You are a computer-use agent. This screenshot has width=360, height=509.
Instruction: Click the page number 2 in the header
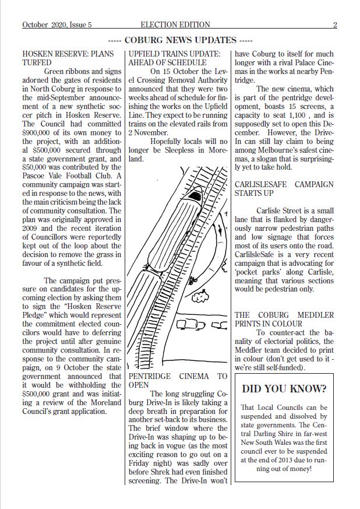(335, 25)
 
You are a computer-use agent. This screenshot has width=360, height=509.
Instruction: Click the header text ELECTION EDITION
(175, 25)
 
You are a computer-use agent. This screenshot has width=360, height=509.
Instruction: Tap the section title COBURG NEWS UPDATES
(180, 40)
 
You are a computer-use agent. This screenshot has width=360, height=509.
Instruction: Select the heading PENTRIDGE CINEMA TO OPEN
(177, 381)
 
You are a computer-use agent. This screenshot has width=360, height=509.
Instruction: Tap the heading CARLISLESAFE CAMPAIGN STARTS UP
(284, 188)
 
